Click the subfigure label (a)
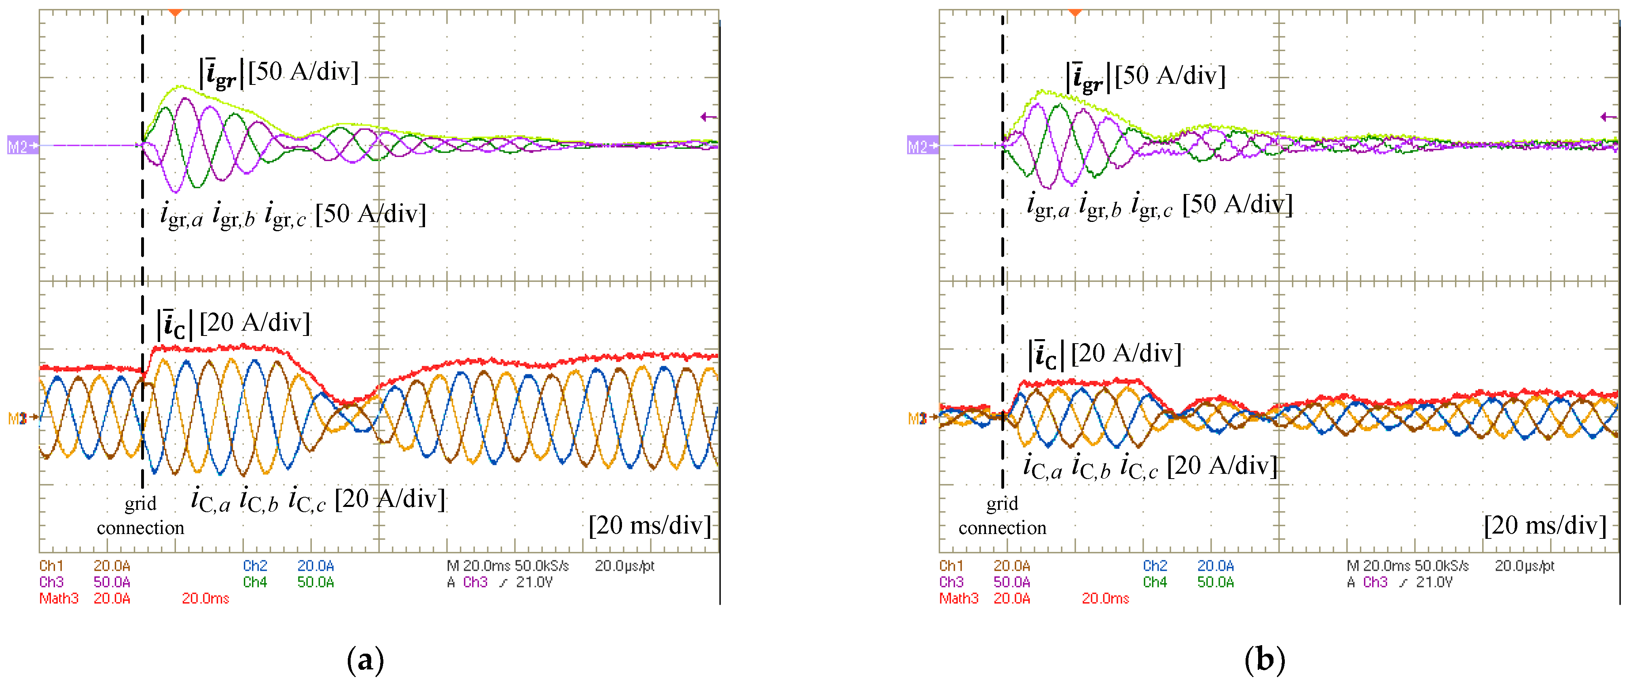coord(365,660)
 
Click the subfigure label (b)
coord(1265,660)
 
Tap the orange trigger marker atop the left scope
coord(176,13)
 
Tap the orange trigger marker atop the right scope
coord(1075,13)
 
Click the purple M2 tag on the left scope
coord(21,146)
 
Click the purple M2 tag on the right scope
coord(921,146)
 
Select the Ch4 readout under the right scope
coord(1155,582)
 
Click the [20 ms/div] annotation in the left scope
coord(649,525)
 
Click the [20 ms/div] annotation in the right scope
coord(1545,525)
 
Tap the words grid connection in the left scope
coord(141,515)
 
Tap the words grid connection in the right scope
coord(1002,515)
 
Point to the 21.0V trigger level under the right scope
coord(1434,582)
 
